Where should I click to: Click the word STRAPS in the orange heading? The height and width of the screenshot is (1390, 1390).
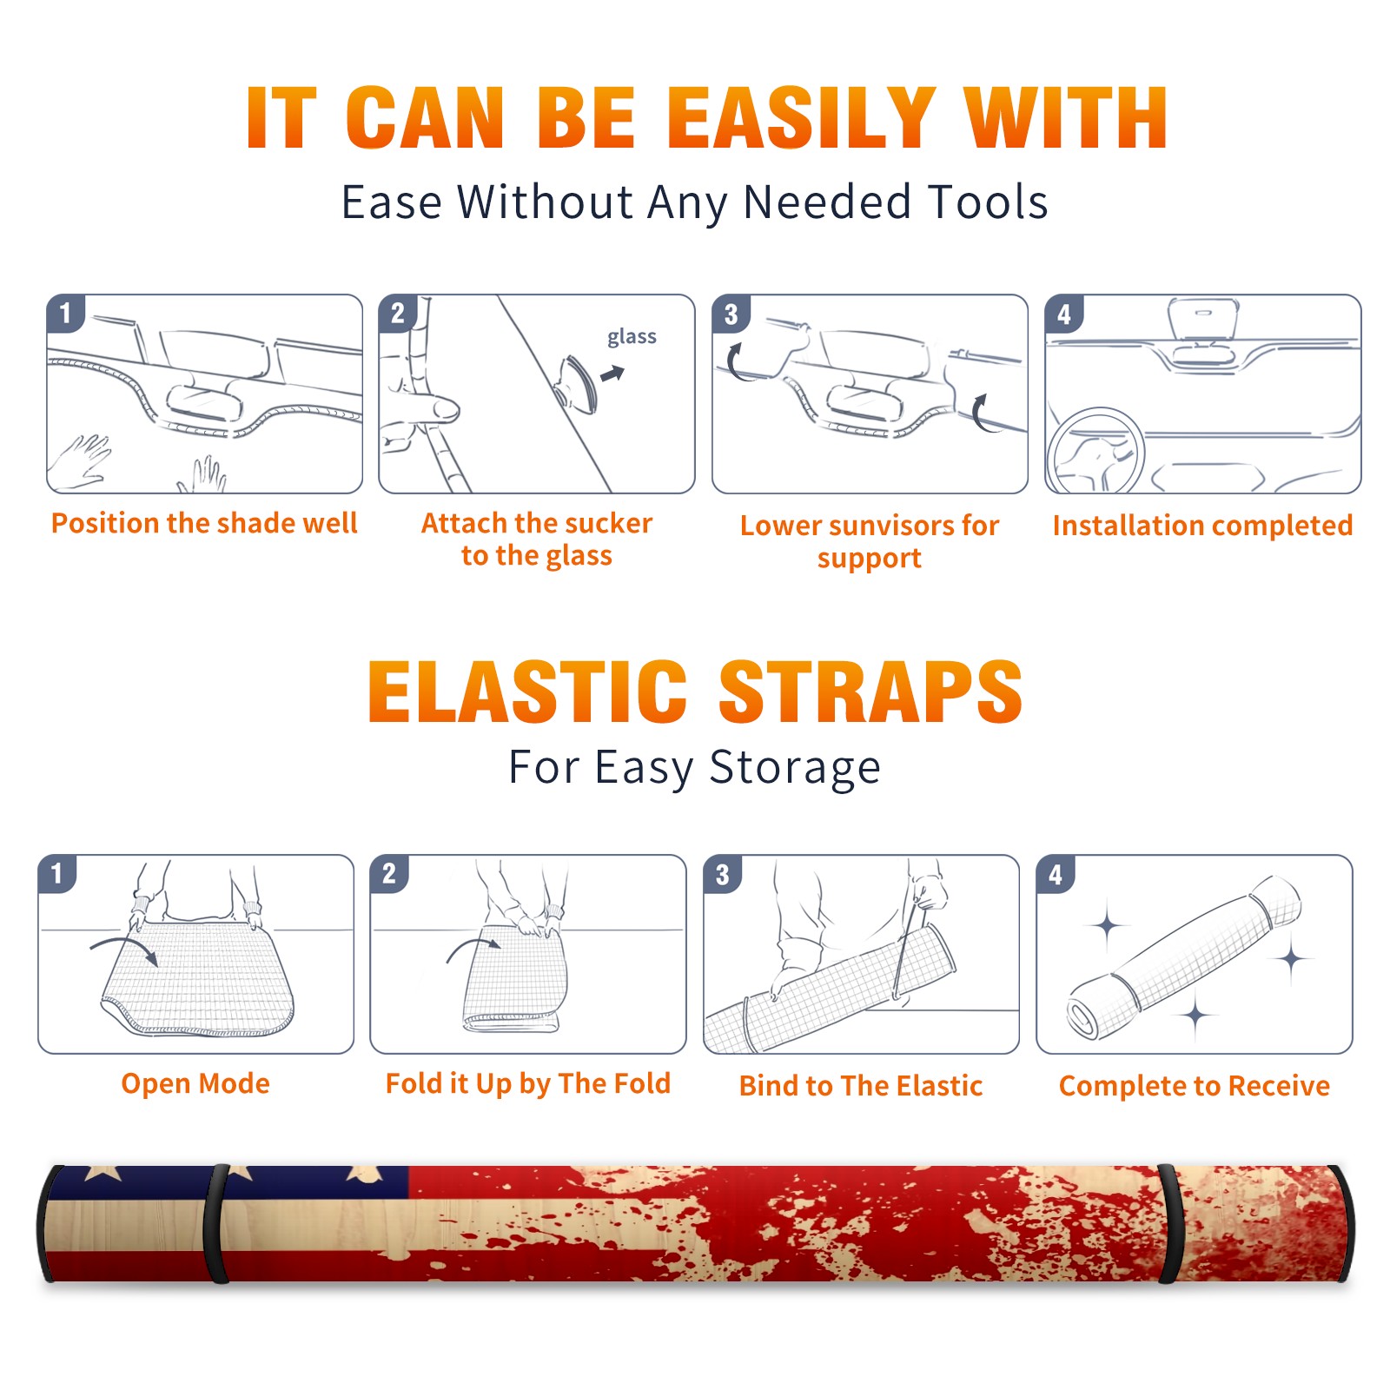[870, 692]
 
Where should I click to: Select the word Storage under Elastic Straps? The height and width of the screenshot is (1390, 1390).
[795, 768]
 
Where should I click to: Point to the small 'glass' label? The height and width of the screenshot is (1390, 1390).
[632, 337]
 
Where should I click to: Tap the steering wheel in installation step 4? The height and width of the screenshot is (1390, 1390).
[1095, 451]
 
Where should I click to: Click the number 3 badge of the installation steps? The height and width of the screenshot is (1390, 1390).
[731, 314]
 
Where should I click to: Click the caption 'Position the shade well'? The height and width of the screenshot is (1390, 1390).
[204, 523]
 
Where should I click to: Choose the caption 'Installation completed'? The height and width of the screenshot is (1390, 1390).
[1202, 525]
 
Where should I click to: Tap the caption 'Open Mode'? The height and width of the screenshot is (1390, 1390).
[195, 1083]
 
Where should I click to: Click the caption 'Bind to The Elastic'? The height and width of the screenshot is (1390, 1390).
[861, 1086]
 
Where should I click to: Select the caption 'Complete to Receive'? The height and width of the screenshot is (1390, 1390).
[1195, 1086]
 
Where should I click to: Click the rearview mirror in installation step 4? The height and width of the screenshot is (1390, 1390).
[1203, 319]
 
